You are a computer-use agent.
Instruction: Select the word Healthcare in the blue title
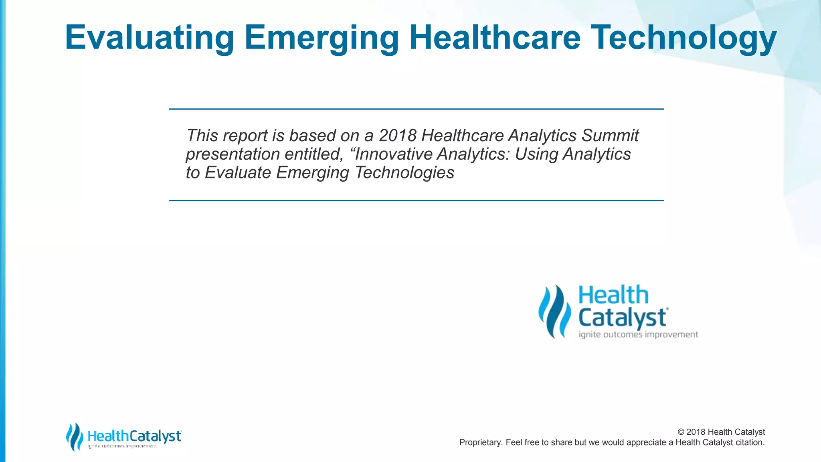[x=495, y=38]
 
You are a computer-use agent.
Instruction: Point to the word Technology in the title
[x=683, y=38]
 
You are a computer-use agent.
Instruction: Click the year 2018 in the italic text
[x=397, y=136]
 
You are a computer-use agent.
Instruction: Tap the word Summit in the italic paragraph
[x=610, y=136]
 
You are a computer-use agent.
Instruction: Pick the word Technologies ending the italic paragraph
[x=404, y=172]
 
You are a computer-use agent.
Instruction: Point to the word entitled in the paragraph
[x=313, y=154]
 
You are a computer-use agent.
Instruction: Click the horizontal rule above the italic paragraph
[x=416, y=109]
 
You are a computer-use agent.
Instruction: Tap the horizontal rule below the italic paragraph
[x=416, y=200]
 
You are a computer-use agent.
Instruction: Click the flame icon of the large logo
[x=554, y=311]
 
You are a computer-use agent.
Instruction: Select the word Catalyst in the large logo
[x=622, y=318]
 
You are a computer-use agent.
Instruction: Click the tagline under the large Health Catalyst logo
[x=638, y=334]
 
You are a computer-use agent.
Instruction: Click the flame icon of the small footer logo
[x=74, y=437]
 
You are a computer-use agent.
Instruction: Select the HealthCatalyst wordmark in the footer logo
[x=134, y=436]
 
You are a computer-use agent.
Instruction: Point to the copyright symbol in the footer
[x=681, y=432]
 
